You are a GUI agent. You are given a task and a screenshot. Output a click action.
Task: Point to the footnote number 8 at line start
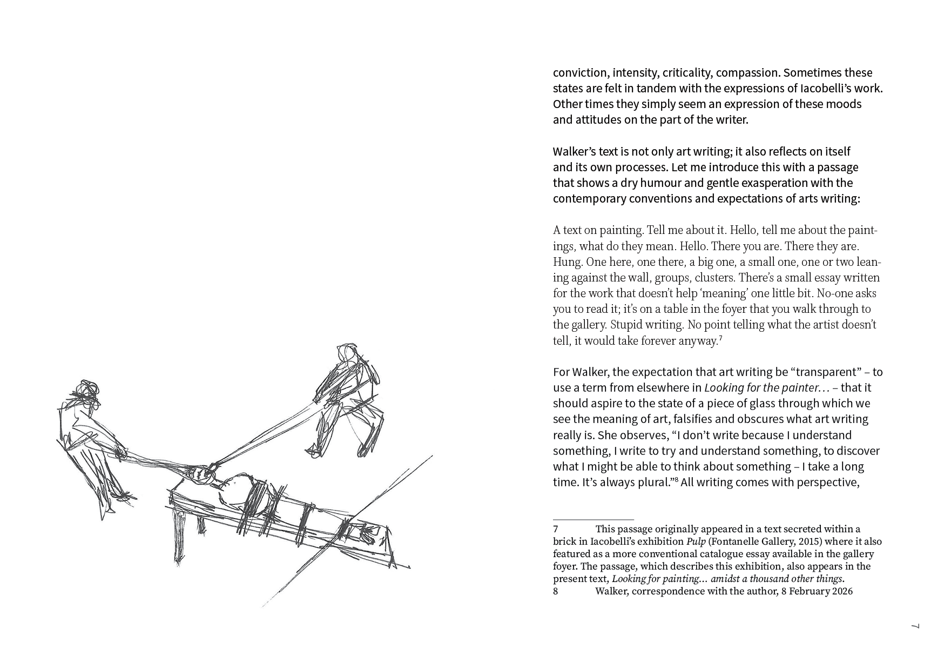[x=556, y=592]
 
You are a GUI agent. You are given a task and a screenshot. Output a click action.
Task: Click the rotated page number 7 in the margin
[x=915, y=626]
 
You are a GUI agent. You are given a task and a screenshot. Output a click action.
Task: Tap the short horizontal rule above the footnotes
[x=593, y=520]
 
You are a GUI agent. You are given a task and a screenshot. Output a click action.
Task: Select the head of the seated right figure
[x=347, y=353]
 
